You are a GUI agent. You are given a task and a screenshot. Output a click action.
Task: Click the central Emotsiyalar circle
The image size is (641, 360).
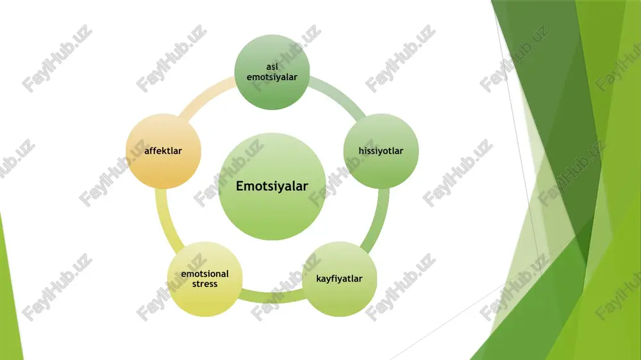coord(272,186)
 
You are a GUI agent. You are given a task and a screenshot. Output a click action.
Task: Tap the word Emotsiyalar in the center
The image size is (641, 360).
coord(272,186)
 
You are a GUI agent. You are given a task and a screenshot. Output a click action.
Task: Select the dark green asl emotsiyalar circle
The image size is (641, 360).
coord(272,72)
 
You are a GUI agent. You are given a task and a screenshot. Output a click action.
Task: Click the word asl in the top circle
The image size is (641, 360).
coord(272,67)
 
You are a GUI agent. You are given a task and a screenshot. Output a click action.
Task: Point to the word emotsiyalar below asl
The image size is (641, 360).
coord(272,77)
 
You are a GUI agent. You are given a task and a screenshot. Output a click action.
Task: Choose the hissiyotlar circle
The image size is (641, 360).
coord(381,151)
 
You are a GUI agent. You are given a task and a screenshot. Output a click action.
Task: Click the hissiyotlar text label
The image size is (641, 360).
coord(381,151)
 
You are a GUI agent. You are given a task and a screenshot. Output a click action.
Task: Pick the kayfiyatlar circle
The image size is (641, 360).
coord(339,279)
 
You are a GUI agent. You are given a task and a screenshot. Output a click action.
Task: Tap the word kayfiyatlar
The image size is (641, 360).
coord(339,279)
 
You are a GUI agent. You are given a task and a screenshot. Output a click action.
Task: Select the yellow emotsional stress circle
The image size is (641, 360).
coord(205,279)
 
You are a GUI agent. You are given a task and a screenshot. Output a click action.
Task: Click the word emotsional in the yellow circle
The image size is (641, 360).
coord(205,274)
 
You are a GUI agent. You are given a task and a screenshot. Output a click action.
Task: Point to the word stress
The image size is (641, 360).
coord(205,284)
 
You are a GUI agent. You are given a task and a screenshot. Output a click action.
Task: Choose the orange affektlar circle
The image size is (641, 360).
coord(163,151)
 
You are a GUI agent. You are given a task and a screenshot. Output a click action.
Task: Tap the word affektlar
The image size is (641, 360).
coord(163,151)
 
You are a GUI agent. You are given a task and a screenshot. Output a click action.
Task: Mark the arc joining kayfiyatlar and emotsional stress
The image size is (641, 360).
coord(272,298)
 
